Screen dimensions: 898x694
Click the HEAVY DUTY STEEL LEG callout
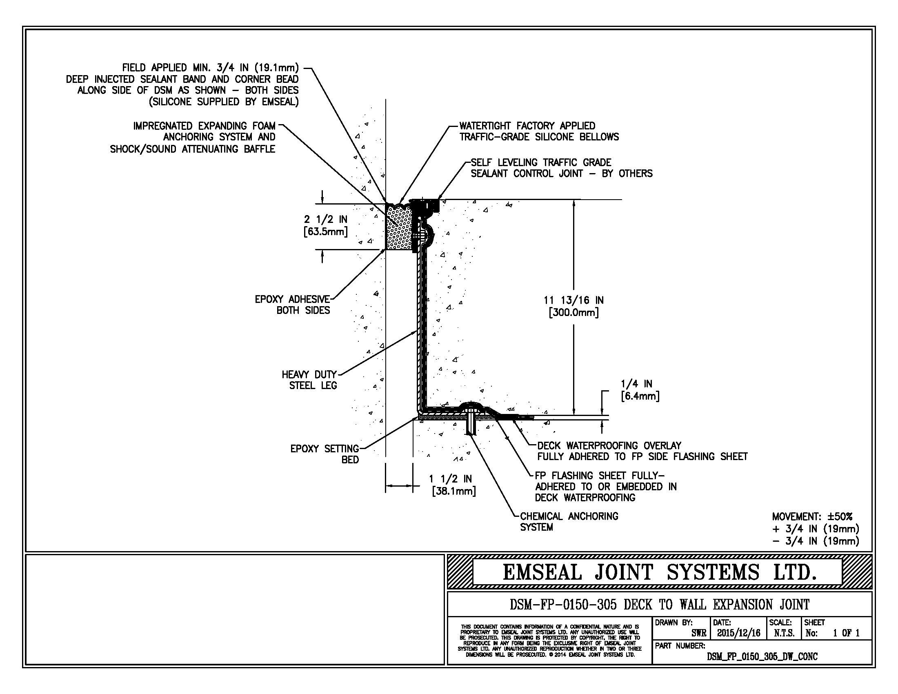pos(309,380)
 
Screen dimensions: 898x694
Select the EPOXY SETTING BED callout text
pos(325,454)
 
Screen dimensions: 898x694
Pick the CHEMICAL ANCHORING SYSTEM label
pos(569,522)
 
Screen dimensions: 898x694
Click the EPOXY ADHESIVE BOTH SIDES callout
pos(292,305)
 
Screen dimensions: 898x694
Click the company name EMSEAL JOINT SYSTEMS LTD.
pos(660,572)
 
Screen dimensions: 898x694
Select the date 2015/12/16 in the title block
pos(739,633)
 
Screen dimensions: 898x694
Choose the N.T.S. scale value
pos(784,633)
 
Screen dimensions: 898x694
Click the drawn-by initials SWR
pos(698,633)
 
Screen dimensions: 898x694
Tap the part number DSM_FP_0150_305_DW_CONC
pos(762,656)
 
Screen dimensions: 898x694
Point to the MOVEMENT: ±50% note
pos(812,516)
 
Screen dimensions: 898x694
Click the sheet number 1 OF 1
pos(846,633)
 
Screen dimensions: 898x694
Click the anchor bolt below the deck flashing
pos(471,424)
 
